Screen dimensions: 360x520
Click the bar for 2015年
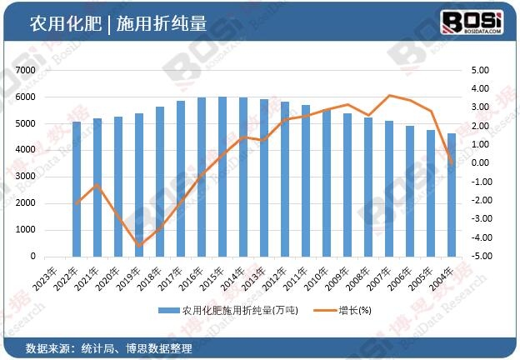[x=222, y=177]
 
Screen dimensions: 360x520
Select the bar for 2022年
[x=77, y=189]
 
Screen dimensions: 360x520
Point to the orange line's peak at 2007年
[x=389, y=95]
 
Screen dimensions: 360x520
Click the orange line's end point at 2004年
[x=452, y=162]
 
